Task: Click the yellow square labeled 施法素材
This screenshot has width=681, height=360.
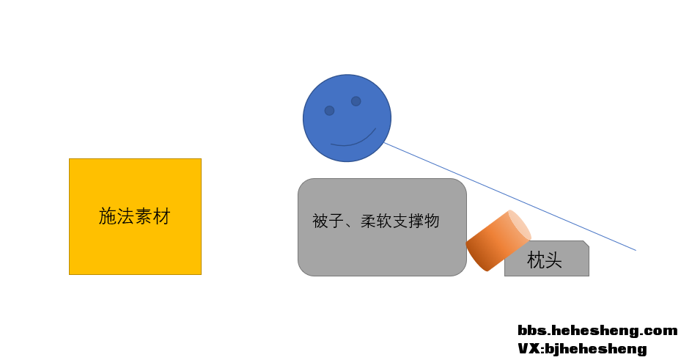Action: [135, 217]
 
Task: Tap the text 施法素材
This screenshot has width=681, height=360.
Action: [134, 216]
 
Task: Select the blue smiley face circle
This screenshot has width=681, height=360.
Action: [347, 118]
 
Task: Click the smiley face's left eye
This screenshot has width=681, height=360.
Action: [330, 111]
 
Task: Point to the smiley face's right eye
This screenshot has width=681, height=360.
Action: [356, 101]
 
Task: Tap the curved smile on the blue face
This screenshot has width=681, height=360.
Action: [353, 137]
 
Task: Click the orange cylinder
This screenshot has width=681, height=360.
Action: [498, 240]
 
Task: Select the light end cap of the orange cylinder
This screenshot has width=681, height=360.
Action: [520, 225]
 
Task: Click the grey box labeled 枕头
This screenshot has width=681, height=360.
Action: [547, 258]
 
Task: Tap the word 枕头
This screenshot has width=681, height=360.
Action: [544, 260]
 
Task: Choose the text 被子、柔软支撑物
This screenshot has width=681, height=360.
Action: [376, 221]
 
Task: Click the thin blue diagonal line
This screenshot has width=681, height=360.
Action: [510, 196]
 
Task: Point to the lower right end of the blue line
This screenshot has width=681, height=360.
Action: [636, 250]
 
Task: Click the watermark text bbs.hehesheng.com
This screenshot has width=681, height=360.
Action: [597, 331]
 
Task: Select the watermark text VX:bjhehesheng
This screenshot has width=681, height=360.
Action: [583, 348]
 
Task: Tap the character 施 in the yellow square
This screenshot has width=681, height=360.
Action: [107, 216]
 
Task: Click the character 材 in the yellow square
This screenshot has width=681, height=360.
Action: [161, 216]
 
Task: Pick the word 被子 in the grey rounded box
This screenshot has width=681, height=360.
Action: [328, 221]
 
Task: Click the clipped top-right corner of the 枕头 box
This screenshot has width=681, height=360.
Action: [586, 243]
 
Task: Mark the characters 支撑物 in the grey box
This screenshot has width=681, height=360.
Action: [416, 221]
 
